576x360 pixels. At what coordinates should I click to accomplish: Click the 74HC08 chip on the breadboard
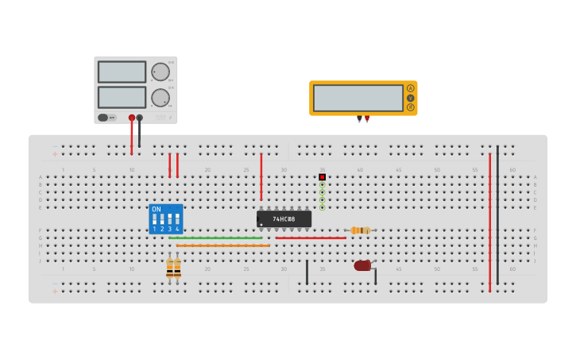[x=284, y=219]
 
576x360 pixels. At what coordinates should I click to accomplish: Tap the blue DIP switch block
[x=165, y=219]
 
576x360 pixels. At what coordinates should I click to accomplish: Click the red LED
[x=362, y=265]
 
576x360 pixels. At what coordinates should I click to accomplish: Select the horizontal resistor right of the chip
[x=360, y=230]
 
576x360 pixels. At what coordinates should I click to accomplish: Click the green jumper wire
[x=215, y=238]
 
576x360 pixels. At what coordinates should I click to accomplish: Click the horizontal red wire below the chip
[x=311, y=238]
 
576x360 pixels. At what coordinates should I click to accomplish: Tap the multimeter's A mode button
[x=411, y=88]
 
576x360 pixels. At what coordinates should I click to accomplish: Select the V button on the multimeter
[x=411, y=98]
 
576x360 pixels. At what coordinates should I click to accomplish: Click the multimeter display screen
[x=358, y=98]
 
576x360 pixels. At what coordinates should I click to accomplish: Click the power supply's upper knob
[x=160, y=72]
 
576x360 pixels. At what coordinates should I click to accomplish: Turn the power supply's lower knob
[x=160, y=98]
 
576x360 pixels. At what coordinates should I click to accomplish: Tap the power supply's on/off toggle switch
[x=103, y=118]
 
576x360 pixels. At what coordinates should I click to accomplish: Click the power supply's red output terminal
[x=132, y=118]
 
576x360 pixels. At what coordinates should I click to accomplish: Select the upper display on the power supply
[x=122, y=72]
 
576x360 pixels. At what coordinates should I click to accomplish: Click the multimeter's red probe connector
[x=367, y=118]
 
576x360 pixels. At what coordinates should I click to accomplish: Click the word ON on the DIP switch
[x=156, y=209]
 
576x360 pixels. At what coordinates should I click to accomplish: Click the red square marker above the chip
[x=322, y=176]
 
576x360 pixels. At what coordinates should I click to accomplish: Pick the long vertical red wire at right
[x=489, y=223]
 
